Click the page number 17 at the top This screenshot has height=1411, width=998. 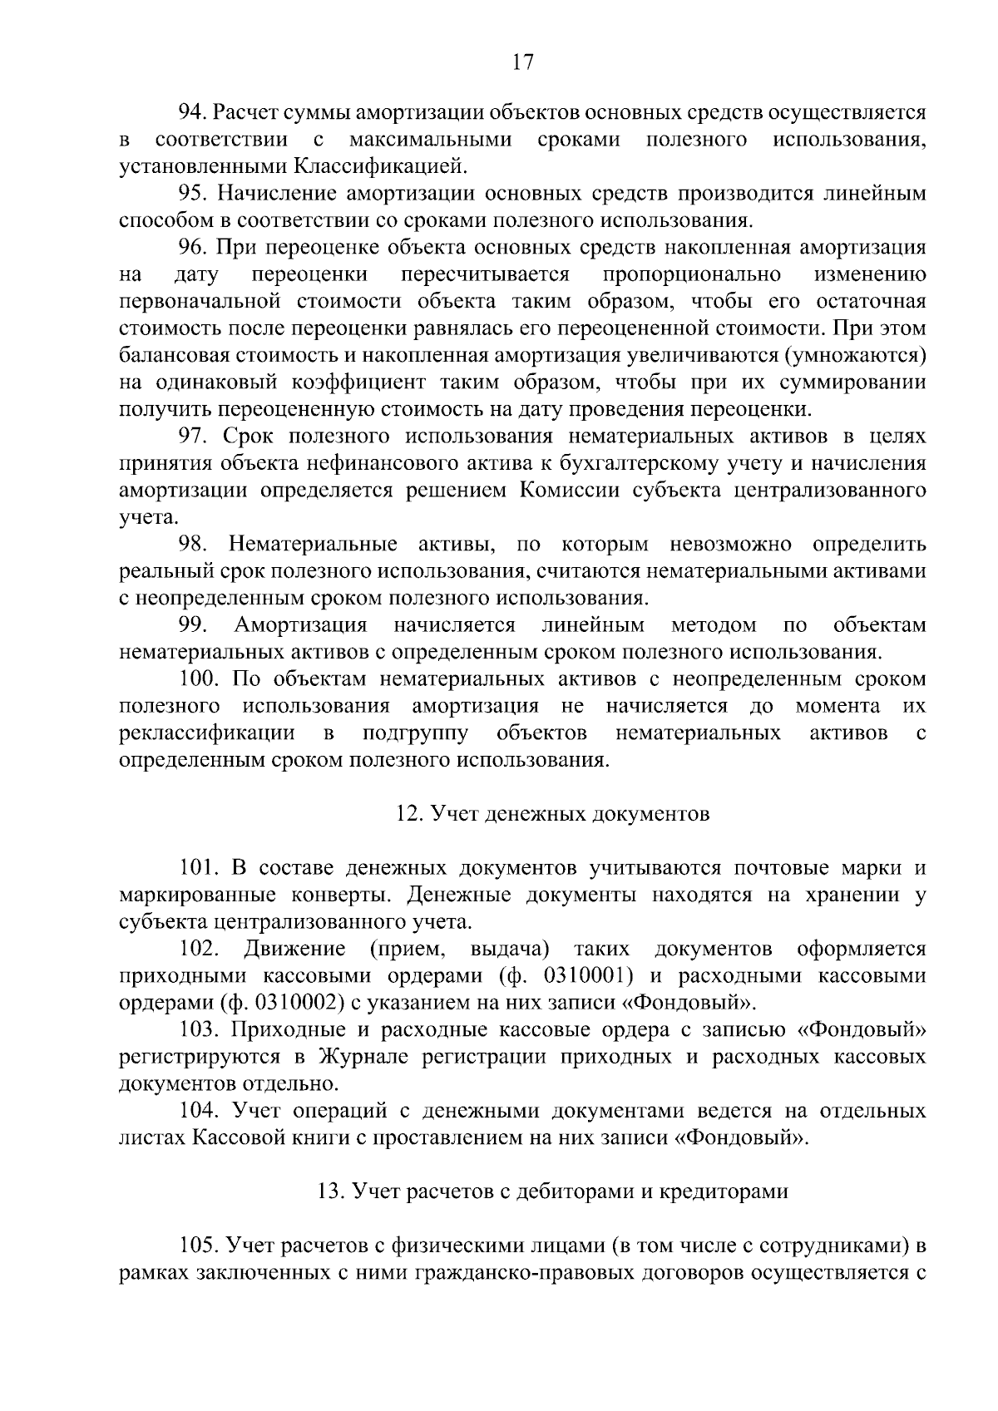[x=522, y=63]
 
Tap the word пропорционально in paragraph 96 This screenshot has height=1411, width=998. [x=692, y=274]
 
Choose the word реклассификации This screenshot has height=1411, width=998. [x=207, y=733]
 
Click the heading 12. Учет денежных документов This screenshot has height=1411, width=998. [x=552, y=814]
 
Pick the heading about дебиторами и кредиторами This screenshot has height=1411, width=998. [x=552, y=1191]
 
